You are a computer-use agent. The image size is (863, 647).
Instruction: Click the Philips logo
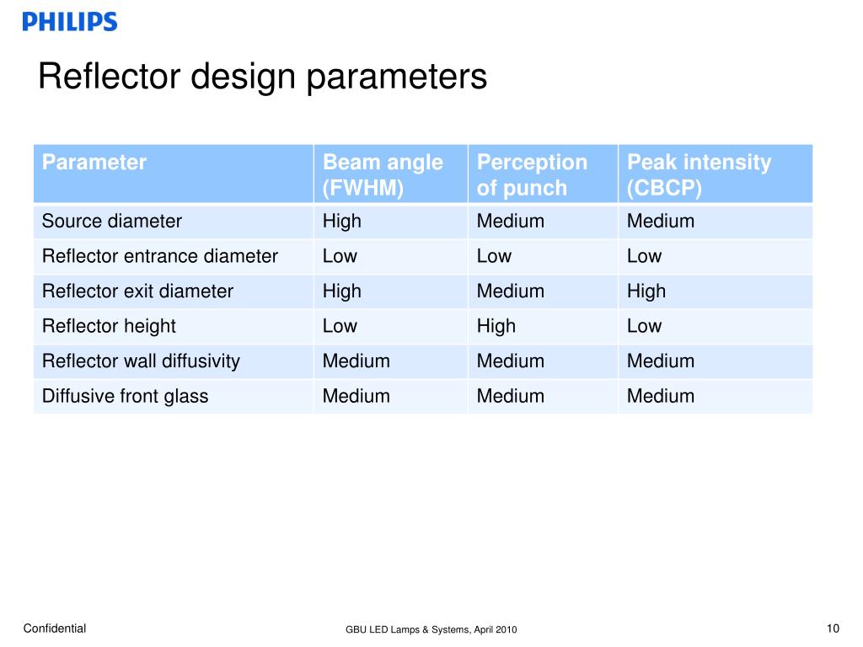[x=70, y=22]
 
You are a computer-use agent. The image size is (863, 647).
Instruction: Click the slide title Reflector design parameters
[x=262, y=78]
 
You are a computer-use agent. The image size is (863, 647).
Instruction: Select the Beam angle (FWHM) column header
[x=383, y=174]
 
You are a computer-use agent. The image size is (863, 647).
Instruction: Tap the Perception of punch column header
[x=532, y=174]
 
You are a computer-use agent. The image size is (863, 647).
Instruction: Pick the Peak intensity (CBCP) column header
[x=699, y=174]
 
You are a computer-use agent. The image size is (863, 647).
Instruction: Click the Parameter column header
[x=94, y=163]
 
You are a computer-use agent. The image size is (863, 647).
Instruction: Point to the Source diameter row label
[x=112, y=222]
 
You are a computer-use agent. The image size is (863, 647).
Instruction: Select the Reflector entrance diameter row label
[x=160, y=256]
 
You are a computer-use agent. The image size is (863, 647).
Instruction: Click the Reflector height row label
[x=109, y=326]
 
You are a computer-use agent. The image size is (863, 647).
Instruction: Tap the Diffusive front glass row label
[x=125, y=396]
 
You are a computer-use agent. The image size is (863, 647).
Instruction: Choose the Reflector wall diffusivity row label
[x=141, y=361]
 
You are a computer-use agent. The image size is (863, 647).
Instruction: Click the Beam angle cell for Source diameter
[x=342, y=222]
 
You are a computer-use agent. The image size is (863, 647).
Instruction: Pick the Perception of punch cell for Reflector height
[x=496, y=326]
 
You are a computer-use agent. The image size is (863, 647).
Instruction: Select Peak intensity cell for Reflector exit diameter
[x=646, y=291]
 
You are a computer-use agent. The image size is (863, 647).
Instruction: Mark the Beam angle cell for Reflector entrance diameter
[x=340, y=256]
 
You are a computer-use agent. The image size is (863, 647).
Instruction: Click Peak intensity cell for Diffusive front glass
[x=661, y=396]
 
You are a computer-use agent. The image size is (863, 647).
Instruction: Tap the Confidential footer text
[x=55, y=628]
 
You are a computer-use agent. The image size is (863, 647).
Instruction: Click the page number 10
[x=834, y=628]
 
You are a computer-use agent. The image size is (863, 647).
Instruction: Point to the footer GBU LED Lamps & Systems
[x=431, y=630]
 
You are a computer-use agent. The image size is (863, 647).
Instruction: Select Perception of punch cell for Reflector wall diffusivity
[x=511, y=361]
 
